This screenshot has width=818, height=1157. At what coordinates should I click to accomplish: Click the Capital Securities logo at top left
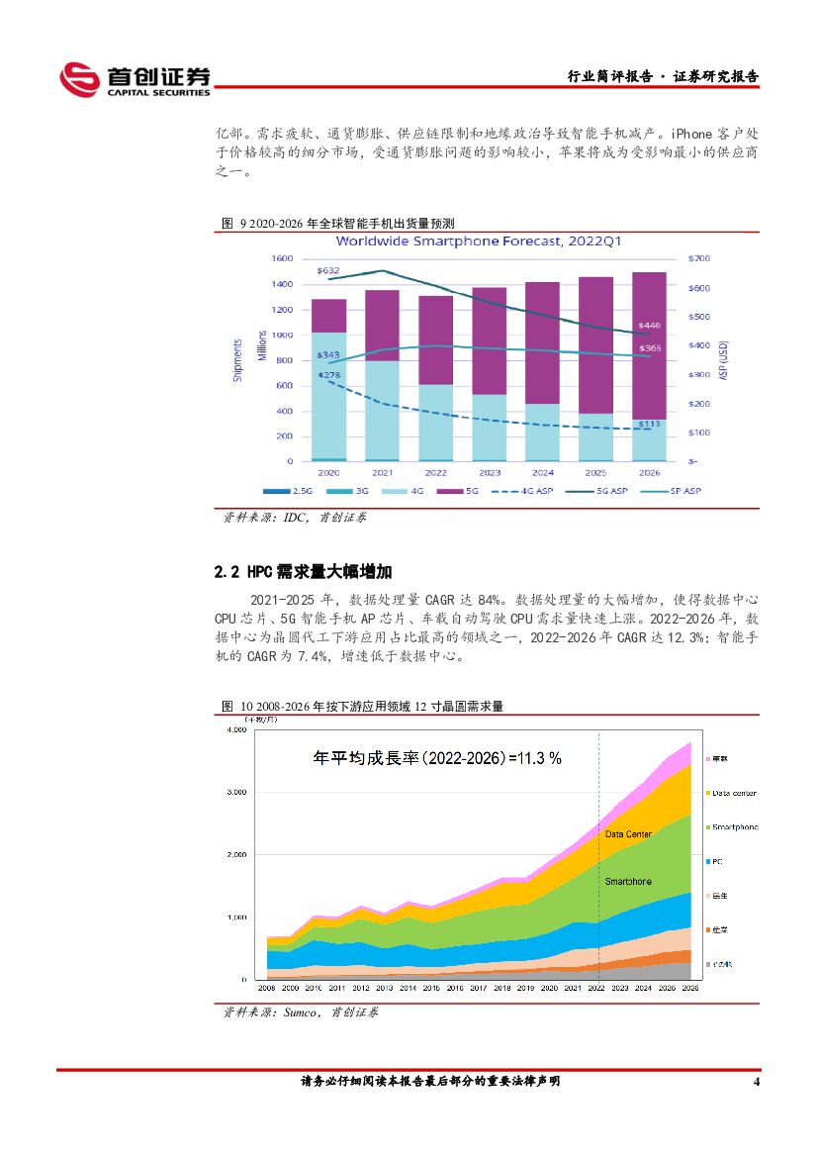point(135,79)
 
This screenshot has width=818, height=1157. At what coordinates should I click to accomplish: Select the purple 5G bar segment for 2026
point(649,345)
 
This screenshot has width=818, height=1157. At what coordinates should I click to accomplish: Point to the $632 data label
point(328,270)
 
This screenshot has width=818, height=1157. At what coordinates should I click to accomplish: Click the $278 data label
point(328,374)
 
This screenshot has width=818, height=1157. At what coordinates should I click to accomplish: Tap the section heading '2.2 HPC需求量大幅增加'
point(304,572)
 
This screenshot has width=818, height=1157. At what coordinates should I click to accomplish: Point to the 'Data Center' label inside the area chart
point(628,834)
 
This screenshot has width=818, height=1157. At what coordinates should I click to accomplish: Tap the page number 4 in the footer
point(756,1082)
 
